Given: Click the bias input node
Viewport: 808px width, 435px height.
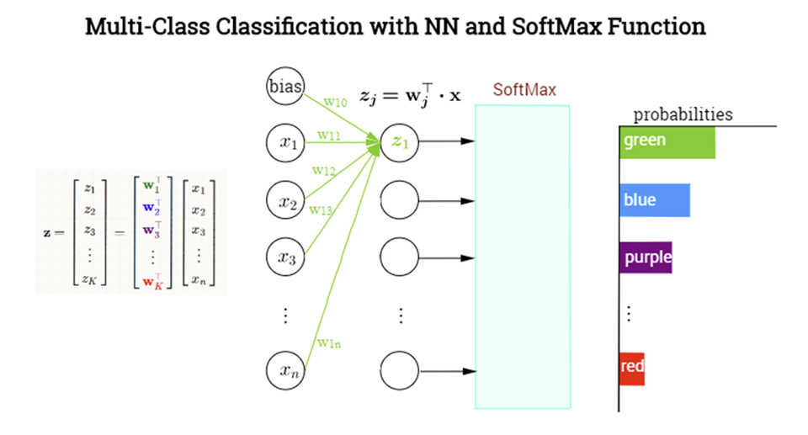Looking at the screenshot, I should pyautogui.click(x=285, y=87).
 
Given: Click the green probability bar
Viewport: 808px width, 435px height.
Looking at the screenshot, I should pyautogui.click(x=667, y=141).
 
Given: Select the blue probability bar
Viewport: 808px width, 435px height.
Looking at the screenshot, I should pyautogui.click(x=654, y=201).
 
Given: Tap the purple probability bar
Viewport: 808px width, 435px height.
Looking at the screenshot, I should pyautogui.click(x=645, y=257).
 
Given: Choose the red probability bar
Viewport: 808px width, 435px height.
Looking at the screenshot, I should pyautogui.click(x=631, y=369).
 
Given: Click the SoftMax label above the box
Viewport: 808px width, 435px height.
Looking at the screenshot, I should pyautogui.click(x=524, y=90).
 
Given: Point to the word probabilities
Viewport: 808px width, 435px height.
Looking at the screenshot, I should pyautogui.click(x=683, y=114).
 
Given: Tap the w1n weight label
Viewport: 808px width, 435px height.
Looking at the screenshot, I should pyautogui.click(x=328, y=342).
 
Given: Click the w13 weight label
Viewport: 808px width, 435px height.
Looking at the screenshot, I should pyautogui.click(x=320, y=210).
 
